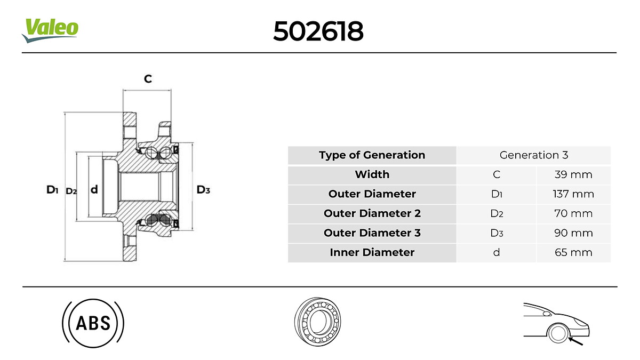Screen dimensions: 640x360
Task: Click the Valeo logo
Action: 50,30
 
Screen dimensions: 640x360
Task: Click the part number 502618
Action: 318,31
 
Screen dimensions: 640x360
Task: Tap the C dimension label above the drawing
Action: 148,78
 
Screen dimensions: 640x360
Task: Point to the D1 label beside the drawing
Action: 52,189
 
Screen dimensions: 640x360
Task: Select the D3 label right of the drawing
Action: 203,189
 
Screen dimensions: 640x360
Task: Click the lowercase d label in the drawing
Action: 94,189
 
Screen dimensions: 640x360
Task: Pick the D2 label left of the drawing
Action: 71,191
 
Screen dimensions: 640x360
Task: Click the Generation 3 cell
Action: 533,155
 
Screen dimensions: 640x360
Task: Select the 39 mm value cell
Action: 573,174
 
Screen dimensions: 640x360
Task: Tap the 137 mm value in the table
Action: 573,194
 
